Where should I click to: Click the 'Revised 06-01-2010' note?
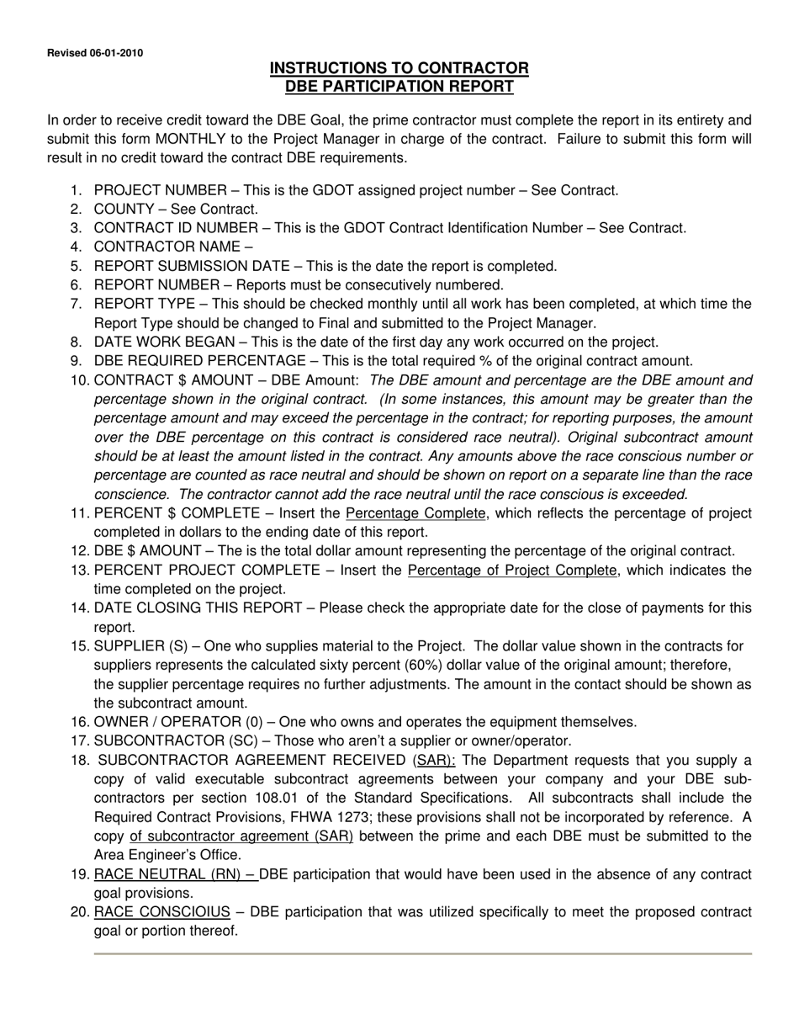tap(94, 53)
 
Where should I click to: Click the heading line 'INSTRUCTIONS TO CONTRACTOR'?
tap(399, 68)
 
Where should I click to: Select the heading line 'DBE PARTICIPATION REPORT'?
tap(399, 86)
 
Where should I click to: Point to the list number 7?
tap(77, 304)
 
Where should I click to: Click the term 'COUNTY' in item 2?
tap(124, 209)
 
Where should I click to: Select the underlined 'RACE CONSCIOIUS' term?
tap(161, 912)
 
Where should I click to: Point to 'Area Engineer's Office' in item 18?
tap(167, 855)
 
